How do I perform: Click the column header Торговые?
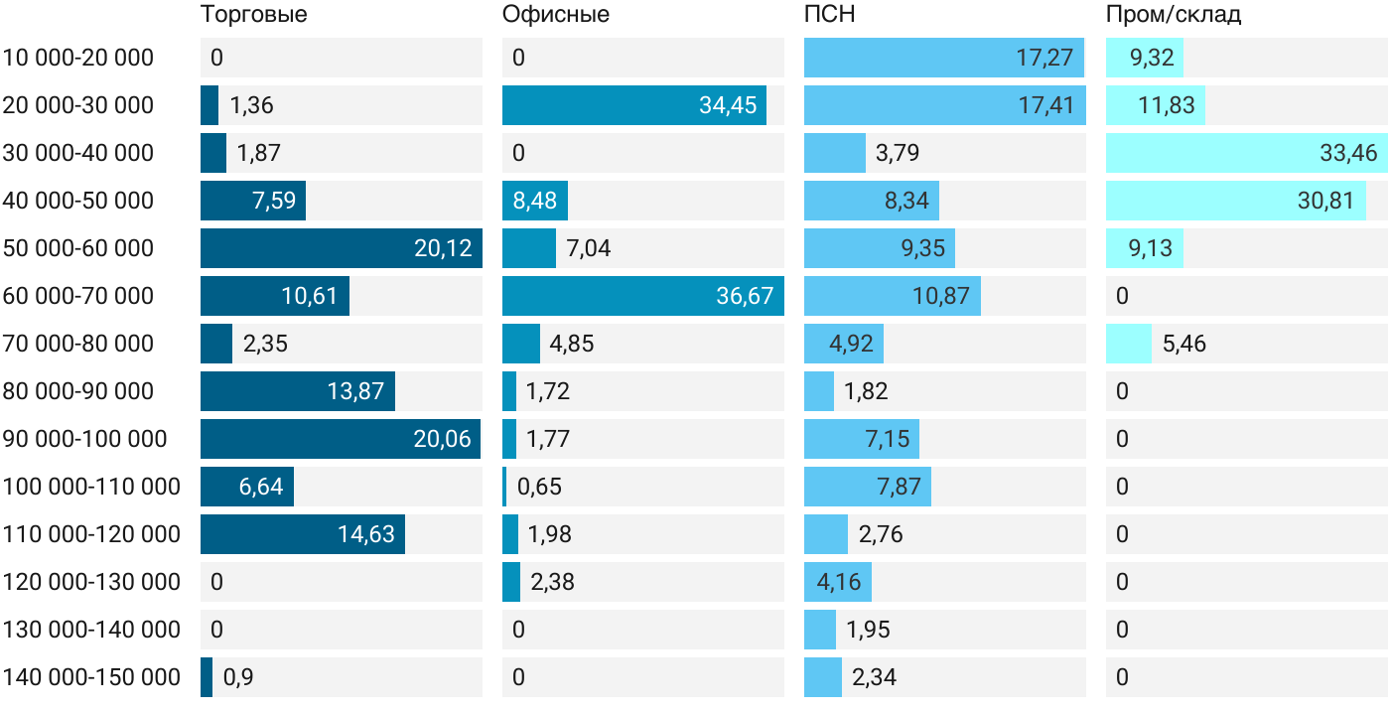coord(254,14)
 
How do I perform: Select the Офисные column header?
coord(555,14)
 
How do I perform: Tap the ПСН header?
coord(830,14)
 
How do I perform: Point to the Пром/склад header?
coord(1174,14)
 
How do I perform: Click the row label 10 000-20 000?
coord(78,58)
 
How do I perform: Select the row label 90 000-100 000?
coord(85,439)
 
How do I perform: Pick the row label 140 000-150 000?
coord(91,677)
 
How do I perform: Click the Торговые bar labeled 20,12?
coord(342,248)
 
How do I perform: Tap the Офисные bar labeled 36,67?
coord(643,296)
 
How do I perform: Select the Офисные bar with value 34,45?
coord(634,105)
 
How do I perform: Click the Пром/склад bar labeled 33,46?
coord(1247,153)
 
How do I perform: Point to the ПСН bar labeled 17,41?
coord(945,105)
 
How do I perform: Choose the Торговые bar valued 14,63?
coord(303,534)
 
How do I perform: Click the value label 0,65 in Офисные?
coord(539,487)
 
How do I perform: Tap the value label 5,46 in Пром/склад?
coord(1183,344)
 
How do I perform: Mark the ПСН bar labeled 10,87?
coord(893,296)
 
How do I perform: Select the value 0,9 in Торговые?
coord(238,677)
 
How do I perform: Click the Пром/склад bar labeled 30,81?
coord(1236,201)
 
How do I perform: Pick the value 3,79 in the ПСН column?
coord(898,153)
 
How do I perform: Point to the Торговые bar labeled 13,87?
coord(298,391)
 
